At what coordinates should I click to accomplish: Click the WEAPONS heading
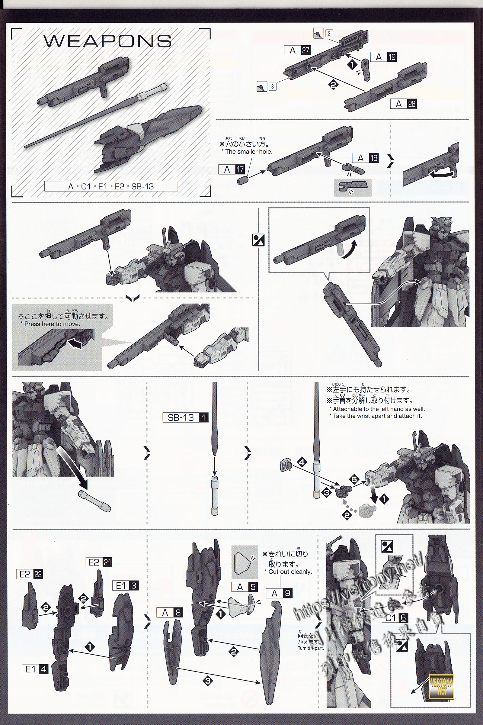tap(108, 41)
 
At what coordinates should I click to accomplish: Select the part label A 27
tap(297, 50)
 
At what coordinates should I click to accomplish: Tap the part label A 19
tap(383, 57)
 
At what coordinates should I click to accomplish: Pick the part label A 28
tap(403, 104)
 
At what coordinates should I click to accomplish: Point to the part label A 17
tap(232, 169)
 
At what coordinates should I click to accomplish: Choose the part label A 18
tap(365, 158)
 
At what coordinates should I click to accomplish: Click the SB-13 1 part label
tap(186, 418)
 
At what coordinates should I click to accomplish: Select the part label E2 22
tap(30, 574)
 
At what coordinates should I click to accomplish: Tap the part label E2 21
tap(99, 562)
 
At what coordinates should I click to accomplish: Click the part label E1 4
tap(35, 669)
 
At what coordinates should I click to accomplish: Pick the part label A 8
tap(170, 612)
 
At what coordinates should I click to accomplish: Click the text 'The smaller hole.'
tap(248, 152)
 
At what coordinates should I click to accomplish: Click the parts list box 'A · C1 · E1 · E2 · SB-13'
tap(111, 186)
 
